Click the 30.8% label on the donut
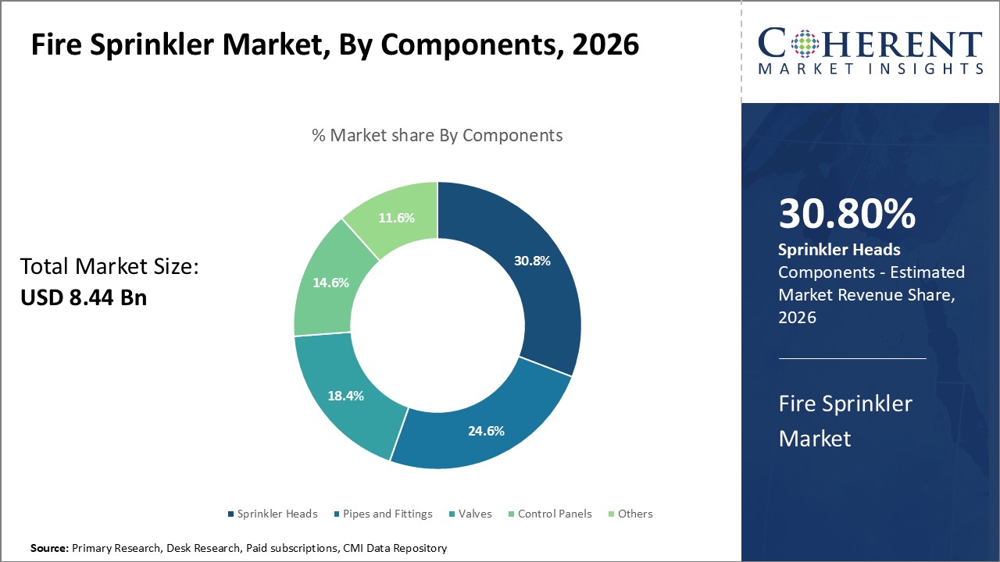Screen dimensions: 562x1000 [x=532, y=261]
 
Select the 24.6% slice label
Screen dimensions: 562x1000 [x=485, y=430]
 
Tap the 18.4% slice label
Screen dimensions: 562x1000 [x=346, y=396]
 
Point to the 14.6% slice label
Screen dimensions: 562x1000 [x=330, y=283]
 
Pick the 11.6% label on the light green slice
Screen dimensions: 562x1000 [x=396, y=218]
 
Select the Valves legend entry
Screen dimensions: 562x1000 [x=474, y=514]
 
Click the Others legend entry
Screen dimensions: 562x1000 [x=634, y=514]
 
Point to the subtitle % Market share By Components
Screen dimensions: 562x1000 [x=437, y=135]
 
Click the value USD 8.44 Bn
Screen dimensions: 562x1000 [x=84, y=297]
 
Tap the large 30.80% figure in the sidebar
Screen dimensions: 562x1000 [x=847, y=214]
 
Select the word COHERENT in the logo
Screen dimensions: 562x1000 [x=871, y=44]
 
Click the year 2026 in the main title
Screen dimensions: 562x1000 [x=605, y=44]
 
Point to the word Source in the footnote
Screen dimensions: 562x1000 [x=48, y=549]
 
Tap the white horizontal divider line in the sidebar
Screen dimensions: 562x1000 [x=852, y=359]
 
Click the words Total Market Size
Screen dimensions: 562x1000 [x=109, y=267]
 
